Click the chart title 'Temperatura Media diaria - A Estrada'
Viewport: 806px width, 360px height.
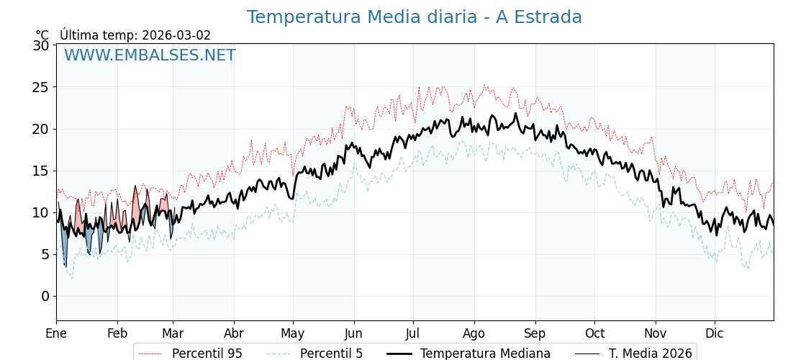(x=414, y=17)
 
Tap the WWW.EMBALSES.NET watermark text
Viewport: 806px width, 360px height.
(x=150, y=55)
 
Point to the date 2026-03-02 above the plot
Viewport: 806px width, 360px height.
(x=176, y=35)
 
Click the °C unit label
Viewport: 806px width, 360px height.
(x=42, y=35)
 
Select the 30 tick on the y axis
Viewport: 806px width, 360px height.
(x=41, y=45)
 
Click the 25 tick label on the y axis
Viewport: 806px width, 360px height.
(x=41, y=87)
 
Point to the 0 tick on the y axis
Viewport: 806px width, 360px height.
(x=45, y=296)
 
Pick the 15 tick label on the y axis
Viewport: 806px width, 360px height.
(x=41, y=171)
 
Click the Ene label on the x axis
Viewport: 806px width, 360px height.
(x=56, y=333)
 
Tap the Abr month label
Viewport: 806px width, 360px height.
(x=234, y=333)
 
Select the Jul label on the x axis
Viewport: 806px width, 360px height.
(x=413, y=333)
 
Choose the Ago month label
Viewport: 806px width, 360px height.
(x=474, y=333)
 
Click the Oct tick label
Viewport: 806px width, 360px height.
(x=594, y=333)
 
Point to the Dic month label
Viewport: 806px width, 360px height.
(x=715, y=333)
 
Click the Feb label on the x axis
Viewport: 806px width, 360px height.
(x=117, y=333)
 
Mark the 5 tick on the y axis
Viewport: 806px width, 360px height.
(x=45, y=254)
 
